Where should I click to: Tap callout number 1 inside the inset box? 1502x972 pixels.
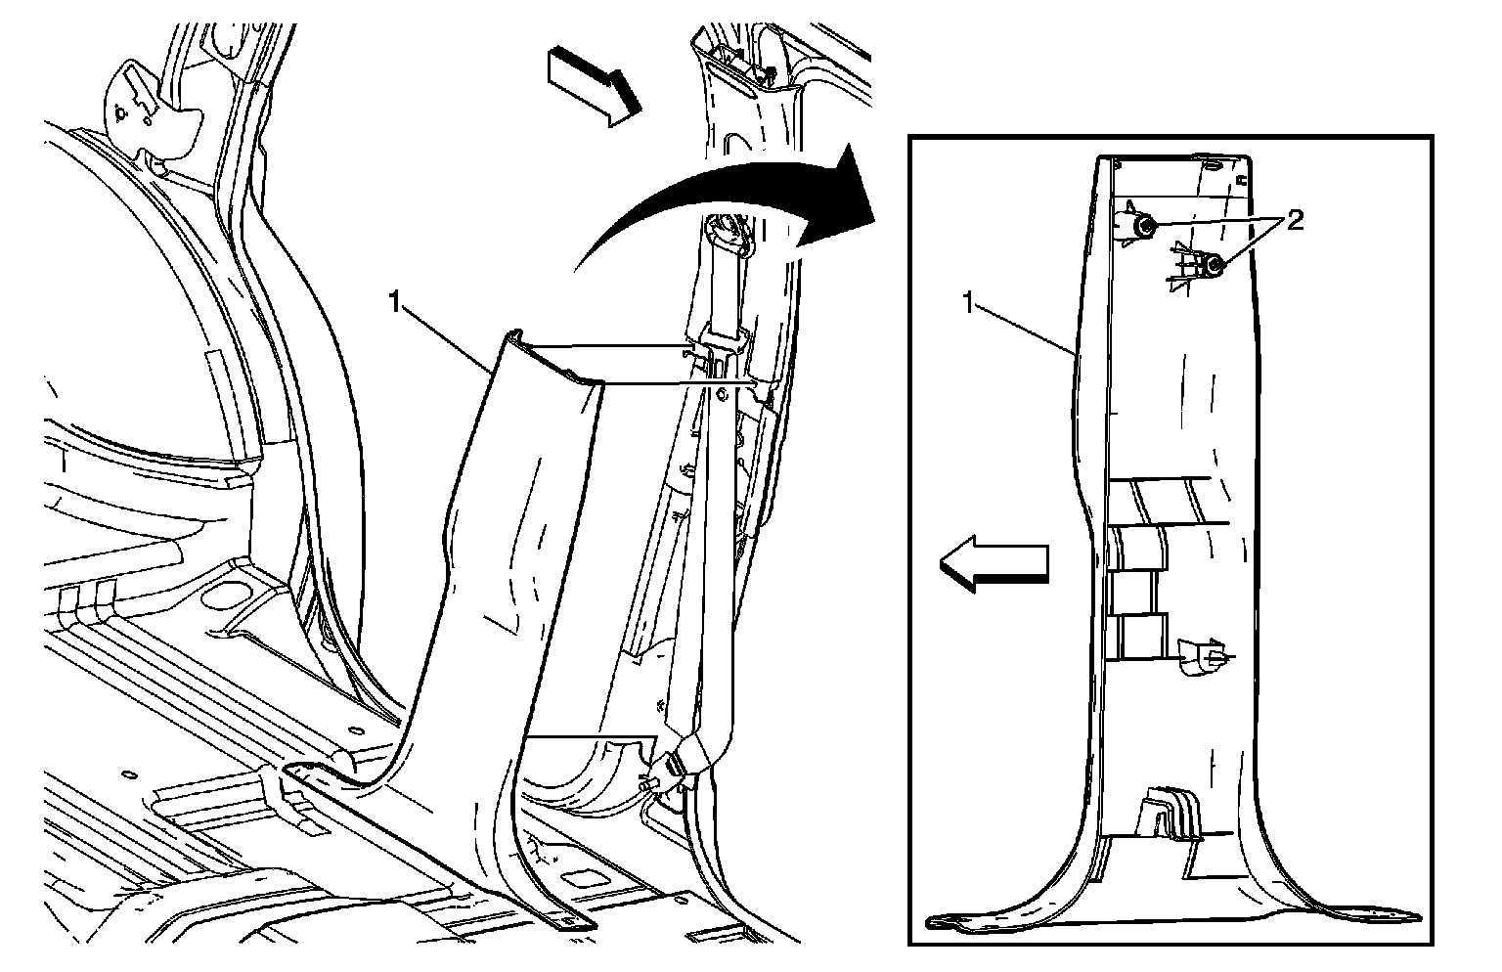tap(968, 304)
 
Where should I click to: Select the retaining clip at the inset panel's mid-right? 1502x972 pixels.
tap(1202, 657)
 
